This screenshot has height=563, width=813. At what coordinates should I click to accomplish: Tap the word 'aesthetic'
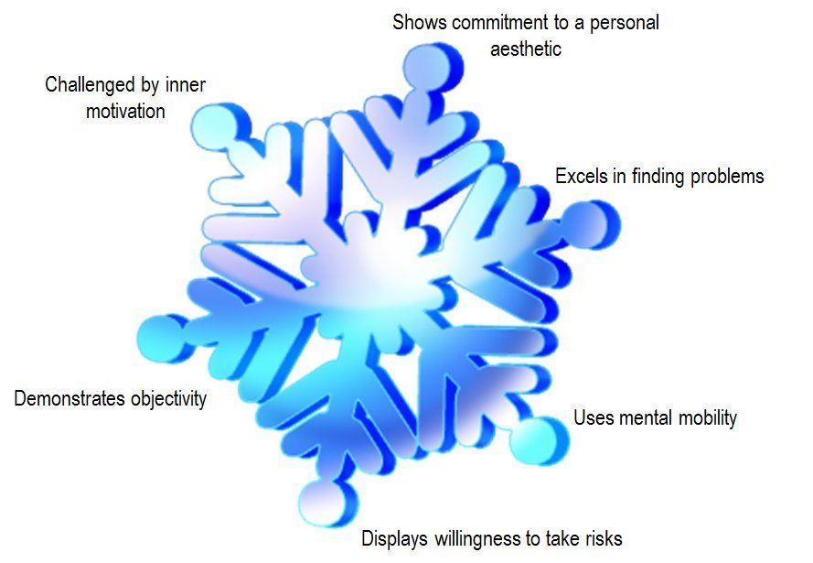(525, 49)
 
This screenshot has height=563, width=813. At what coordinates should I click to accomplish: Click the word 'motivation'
(125, 112)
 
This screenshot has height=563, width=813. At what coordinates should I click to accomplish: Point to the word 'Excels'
(579, 176)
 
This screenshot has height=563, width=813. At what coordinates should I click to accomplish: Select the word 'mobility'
(707, 418)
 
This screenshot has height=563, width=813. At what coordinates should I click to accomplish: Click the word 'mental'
(642, 418)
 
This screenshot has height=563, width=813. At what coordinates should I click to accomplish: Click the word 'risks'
(601, 538)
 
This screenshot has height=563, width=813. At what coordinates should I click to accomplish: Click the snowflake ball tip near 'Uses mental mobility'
(540, 437)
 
